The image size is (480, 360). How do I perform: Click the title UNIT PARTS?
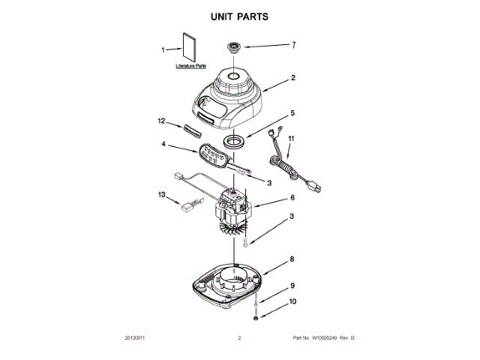coord(240,16)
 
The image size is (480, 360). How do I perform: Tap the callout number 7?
coord(293,45)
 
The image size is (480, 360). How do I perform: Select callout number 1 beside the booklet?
coord(163,50)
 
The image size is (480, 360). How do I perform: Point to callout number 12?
coord(161,120)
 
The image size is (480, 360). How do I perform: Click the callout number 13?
coord(161,194)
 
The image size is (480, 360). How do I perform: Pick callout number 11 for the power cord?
coord(292,138)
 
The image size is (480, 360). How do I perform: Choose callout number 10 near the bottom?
coord(293,302)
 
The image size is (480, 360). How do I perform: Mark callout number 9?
coord(293,286)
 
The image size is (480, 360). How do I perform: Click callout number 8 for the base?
coord(293,259)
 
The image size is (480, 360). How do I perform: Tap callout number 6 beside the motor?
coord(293,198)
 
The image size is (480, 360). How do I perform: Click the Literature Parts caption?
coord(190,67)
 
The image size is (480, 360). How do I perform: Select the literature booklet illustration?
coord(187,47)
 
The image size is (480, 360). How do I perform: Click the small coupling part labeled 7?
coord(234,48)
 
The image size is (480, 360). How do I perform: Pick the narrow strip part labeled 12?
coord(190,129)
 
